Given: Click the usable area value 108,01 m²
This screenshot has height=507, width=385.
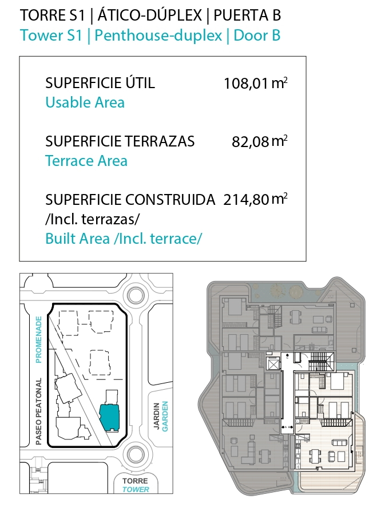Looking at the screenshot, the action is (255, 83).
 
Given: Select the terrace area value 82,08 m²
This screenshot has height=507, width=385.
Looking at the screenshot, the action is (260, 141).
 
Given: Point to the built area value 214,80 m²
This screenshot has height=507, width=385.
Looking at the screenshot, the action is (255, 199).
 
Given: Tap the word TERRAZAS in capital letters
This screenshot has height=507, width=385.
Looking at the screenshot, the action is (160, 141).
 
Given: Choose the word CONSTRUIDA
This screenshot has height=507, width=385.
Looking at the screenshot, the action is (170, 200).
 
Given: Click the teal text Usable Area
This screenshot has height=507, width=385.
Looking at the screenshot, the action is (85, 102).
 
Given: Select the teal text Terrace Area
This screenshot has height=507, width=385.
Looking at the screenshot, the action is (86, 161).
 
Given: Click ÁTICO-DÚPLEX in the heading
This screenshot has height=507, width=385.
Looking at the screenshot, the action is (150, 15).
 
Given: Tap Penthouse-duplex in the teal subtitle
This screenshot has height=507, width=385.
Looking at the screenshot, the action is (158, 35).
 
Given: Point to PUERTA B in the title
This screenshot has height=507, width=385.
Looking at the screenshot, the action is (247, 15).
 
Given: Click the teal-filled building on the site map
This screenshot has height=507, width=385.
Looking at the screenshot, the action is (109, 417).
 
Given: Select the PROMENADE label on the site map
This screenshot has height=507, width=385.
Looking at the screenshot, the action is (39, 339).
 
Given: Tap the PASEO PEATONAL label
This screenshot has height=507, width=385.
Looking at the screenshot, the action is (39, 411).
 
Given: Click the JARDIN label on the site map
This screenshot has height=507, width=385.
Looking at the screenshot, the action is (157, 416).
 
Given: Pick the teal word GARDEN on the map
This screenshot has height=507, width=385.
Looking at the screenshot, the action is (165, 416).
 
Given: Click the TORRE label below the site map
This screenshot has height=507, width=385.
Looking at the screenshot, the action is (135, 481).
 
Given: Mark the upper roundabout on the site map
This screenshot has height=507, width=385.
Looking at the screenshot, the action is (136, 295).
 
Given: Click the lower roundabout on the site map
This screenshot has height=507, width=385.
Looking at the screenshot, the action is (136, 454).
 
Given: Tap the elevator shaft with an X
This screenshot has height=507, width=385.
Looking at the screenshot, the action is (273, 365).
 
